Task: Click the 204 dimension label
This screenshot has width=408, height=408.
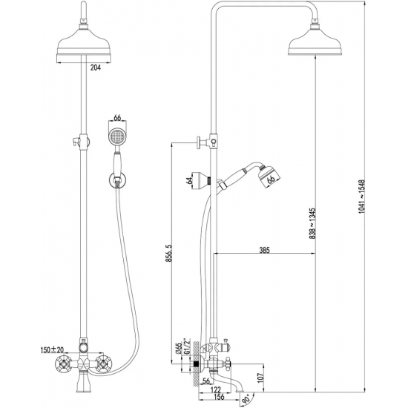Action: [95, 68]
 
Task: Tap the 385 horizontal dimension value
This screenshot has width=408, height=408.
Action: [264, 250]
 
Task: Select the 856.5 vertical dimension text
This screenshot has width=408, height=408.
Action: [169, 253]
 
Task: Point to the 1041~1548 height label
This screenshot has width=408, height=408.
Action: [362, 197]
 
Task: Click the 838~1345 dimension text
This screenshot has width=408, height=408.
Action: [312, 223]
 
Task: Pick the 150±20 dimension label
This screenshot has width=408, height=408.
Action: [52, 350]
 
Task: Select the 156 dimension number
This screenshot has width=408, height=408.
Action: [219, 397]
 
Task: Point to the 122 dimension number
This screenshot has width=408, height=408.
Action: [216, 389]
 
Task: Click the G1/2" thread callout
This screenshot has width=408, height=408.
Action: [187, 346]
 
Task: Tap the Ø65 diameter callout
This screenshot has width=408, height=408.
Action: [179, 349]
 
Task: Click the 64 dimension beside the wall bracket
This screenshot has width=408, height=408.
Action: [189, 180]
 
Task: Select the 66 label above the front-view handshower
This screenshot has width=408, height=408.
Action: [117, 118]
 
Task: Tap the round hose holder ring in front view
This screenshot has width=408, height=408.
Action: [117, 180]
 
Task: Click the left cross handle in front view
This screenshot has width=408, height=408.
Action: [64, 364]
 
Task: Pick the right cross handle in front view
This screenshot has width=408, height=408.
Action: [103, 364]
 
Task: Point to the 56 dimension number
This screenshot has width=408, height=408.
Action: [205, 381]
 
